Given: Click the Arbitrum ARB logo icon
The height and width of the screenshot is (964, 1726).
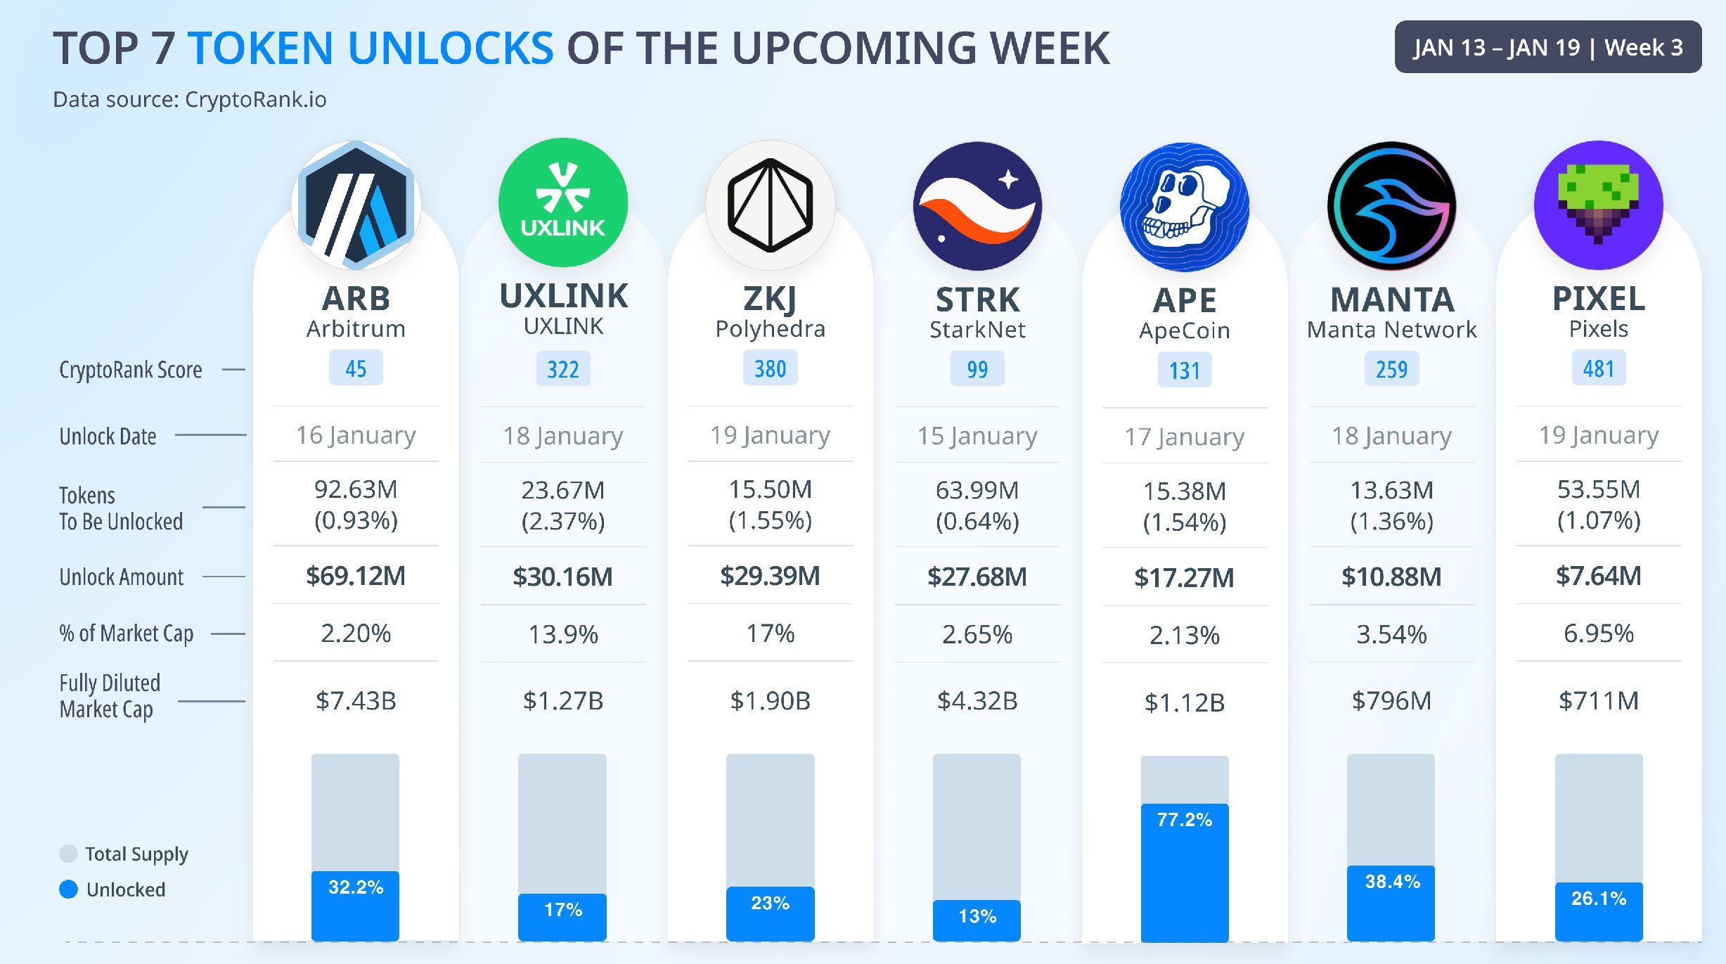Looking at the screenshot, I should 356,205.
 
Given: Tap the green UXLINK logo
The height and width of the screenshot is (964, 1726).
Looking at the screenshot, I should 562,203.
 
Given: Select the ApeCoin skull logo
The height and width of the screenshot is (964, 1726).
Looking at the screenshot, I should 1184,207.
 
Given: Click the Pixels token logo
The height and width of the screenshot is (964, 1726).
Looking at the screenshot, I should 1598,205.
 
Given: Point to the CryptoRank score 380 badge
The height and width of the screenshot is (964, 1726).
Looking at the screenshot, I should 770,368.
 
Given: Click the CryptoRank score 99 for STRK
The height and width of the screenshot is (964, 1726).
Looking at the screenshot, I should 977,369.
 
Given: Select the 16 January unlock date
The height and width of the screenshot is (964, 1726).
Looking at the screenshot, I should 356,435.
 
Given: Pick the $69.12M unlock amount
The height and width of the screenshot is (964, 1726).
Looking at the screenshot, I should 356,576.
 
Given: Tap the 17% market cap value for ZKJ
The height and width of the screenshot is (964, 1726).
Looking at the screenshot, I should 770,634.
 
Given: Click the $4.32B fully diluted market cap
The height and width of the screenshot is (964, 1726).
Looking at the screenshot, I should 977,701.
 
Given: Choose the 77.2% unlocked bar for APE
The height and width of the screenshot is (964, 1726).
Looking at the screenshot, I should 1184,872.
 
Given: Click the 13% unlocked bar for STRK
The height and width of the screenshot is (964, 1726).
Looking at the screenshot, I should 977,920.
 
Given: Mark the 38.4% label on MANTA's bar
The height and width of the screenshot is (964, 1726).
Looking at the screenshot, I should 1392,882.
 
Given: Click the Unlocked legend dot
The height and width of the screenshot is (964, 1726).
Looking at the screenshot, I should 68,889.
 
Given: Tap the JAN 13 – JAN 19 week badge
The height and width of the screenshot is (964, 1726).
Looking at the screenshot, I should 1547,47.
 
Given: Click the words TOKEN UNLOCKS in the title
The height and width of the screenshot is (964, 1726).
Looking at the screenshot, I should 371,48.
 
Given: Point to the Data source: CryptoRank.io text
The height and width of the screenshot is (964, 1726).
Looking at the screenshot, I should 190,100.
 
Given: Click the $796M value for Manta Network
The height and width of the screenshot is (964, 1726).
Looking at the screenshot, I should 1391,701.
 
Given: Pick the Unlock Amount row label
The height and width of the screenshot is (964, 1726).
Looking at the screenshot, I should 121,577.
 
